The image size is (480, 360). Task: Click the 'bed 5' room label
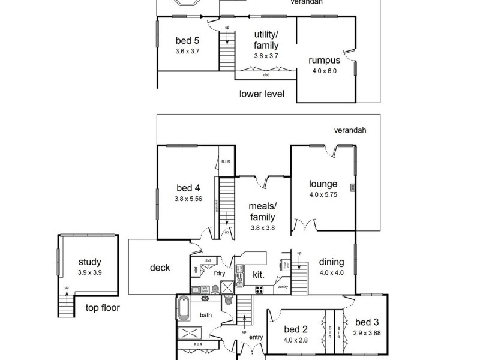(x=187, y=41)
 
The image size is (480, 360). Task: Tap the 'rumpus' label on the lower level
(x=325, y=61)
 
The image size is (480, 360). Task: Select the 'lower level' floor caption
(x=261, y=94)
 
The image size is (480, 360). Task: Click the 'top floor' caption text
(x=102, y=308)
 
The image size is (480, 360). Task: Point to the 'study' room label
(x=89, y=262)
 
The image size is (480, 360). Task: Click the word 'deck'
(x=160, y=268)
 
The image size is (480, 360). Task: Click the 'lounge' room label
(x=323, y=184)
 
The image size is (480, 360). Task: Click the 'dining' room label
(x=331, y=262)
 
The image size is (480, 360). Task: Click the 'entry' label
(x=256, y=337)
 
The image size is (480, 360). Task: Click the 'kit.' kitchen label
(x=259, y=275)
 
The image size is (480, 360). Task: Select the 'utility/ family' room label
(x=266, y=40)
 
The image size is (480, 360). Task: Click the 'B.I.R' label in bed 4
(x=226, y=161)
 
